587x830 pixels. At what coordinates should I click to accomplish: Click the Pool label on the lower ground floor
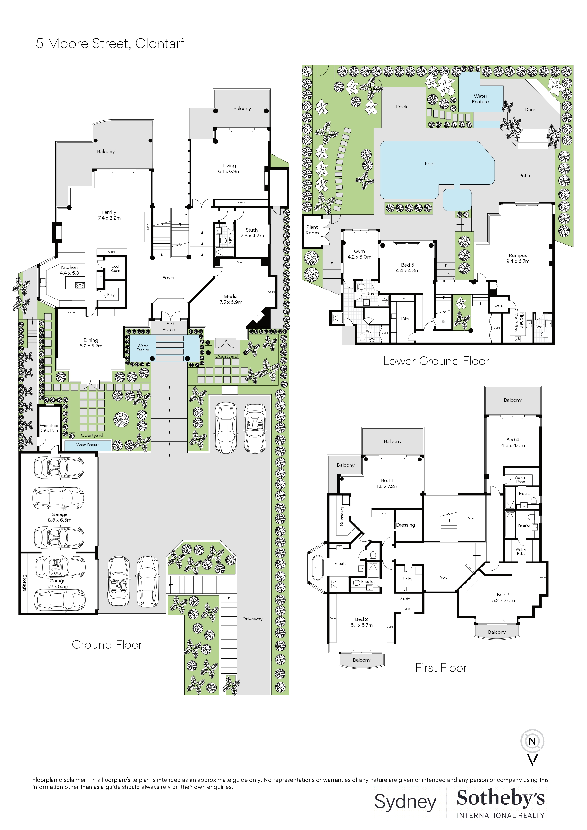pos(429,164)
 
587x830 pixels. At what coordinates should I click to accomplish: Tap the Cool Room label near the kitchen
pos(115,268)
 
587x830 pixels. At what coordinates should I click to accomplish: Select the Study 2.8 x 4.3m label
pos(252,233)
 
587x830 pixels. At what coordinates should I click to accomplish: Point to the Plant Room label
pos(312,230)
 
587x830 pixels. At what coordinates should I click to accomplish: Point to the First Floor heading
pos(441,668)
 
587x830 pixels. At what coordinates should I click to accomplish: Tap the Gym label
pos(359,251)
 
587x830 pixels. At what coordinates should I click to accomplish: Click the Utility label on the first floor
pos(408,579)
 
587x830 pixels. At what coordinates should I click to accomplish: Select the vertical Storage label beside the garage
pos(25,583)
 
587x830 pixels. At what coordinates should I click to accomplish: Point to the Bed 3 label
pos(503,594)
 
